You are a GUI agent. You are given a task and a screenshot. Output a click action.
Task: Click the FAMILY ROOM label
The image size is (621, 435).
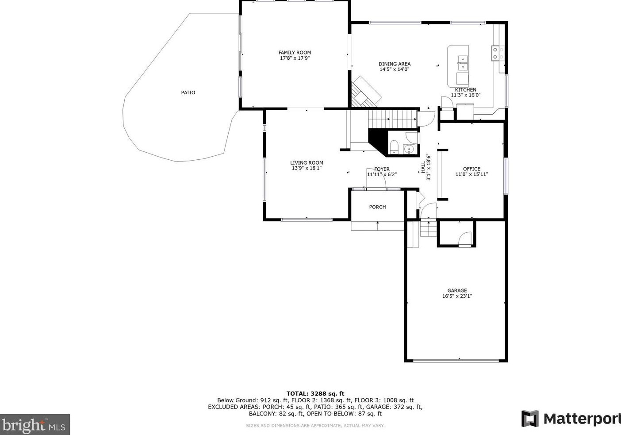[x=295, y=52]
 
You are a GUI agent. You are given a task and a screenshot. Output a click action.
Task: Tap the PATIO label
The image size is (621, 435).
[x=188, y=92]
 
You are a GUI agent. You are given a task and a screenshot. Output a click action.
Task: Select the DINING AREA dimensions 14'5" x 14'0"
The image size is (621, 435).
[x=395, y=69]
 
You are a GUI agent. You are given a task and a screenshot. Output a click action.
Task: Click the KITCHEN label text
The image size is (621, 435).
[x=465, y=89]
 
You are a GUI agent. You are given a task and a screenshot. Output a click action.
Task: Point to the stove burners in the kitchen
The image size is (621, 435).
[x=498, y=53]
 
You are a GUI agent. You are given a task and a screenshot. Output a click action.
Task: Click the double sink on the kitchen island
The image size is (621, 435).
[x=463, y=63]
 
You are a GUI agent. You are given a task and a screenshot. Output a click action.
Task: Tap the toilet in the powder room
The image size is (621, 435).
[x=394, y=147]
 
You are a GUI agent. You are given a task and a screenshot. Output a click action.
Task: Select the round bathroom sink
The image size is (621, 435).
[x=409, y=150]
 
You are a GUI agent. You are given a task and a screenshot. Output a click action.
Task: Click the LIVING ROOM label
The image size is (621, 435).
[x=307, y=163]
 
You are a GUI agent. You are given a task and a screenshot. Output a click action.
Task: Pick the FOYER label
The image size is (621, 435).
[x=382, y=169]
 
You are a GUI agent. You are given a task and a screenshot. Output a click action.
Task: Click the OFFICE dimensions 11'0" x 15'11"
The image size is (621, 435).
[x=471, y=174]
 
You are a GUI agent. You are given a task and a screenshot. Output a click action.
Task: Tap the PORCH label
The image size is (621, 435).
[x=377, y=207]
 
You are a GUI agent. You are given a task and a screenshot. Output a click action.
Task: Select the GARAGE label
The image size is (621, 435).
[x=457, y=290]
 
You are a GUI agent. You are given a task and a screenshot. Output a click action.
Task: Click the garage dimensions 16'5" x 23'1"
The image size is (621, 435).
[x=457, y=296]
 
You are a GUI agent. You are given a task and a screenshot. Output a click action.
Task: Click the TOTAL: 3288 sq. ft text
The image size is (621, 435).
[x=315, y=393]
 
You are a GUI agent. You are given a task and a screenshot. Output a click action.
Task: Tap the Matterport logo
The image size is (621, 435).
[x=571, y=419]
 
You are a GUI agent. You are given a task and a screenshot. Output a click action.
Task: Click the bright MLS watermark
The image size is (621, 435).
[x=34, y=425]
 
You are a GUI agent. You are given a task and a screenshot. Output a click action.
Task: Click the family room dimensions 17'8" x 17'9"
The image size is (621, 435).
[x=295, y=58]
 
